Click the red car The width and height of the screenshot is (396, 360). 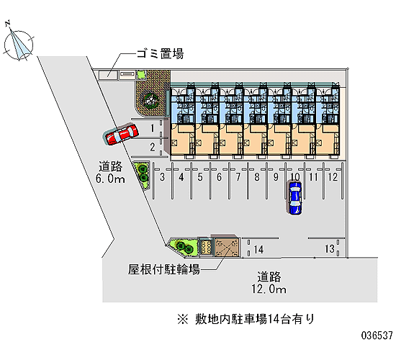pos(121,134)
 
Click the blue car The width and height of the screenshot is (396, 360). pos(295,198)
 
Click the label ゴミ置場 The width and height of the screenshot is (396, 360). pos(160,54)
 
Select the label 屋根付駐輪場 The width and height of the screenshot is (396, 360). pos(164,269)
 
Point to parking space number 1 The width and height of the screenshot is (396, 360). pos(152,128)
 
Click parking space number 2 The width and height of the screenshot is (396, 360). pos(153,147)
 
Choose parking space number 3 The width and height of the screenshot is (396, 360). pos(163,177)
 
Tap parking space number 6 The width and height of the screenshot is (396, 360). pos(219,177)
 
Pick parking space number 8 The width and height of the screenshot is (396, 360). pos(257,177)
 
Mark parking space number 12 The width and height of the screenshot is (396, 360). pos(333,177)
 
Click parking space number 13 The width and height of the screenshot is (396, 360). pos(330,249)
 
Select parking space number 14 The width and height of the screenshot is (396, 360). pos(258,250)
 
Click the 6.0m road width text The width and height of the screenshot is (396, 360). pos(110,179)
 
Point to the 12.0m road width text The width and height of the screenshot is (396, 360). pos(269,289)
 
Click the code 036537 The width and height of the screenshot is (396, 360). pos(377,336)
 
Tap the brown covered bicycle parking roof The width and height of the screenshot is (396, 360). pos(227,247)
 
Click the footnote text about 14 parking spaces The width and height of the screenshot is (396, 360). pos(246,319)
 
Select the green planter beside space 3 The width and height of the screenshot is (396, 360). pos(141,175)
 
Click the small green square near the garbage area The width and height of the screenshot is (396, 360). pos(141,75)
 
